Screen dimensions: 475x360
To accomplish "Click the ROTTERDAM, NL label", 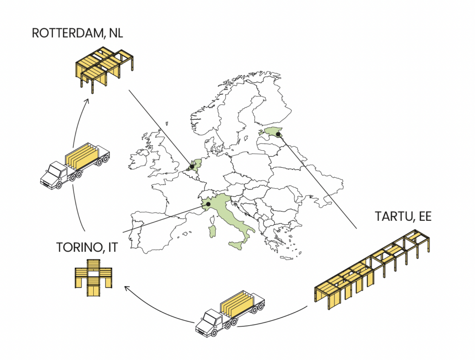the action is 77,33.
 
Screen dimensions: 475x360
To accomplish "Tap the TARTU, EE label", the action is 403,216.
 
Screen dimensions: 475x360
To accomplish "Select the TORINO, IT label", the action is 87,247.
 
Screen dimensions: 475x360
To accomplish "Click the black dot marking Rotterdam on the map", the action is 192,167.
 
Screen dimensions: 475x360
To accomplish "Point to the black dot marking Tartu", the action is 278,134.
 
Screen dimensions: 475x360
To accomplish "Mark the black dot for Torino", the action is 208,204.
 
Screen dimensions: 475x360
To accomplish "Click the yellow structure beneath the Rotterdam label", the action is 104,69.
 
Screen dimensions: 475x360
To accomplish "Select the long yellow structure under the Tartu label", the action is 372,269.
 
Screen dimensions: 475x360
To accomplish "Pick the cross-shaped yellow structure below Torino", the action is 93,277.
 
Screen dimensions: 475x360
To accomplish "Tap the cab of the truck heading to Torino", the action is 210,323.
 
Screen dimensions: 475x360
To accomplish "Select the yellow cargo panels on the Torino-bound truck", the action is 237,304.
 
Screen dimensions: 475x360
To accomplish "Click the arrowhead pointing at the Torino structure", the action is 127,289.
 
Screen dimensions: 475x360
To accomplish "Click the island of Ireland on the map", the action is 138,161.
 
